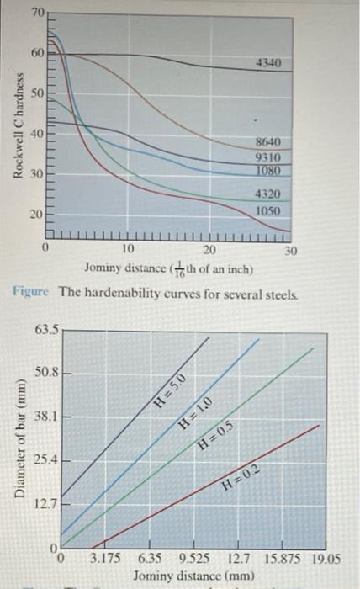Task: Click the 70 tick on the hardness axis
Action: [38, 13]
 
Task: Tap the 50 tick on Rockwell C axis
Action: [38, 93]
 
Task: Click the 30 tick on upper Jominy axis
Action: [290, 250]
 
